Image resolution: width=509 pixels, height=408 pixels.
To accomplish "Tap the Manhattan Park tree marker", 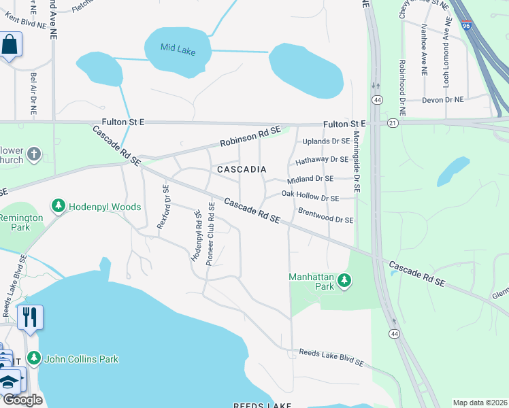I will (344, 280).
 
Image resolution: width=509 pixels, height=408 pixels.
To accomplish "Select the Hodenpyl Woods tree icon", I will (59, 206).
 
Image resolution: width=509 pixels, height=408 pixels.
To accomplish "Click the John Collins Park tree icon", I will (33, 358).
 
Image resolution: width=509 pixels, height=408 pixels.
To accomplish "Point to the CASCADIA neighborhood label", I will (240, 168).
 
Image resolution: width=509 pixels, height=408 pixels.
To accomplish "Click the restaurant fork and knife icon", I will (30, 317).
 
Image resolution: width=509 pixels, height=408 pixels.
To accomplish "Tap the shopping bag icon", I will (10, 46).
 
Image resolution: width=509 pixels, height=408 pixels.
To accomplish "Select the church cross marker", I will (35, 156).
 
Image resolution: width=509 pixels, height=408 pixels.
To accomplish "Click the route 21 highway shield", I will (393, 123).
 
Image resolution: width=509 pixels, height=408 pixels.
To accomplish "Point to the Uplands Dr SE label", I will (325, 141).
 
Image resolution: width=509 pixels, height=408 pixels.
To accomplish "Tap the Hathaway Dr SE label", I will (321, 159).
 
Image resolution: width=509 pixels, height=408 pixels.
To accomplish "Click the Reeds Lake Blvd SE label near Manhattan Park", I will (331, 358).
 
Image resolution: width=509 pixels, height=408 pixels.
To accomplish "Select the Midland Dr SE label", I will (310, 178).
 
